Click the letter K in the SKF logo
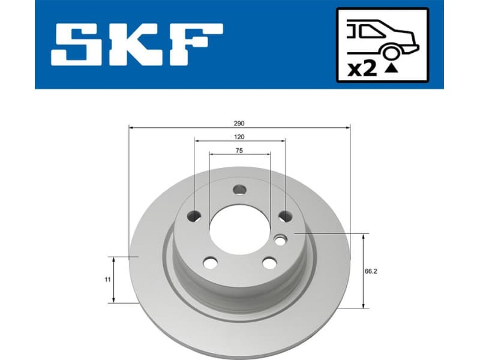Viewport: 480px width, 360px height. coord(136,45)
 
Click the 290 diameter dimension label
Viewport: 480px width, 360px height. coord(239,123)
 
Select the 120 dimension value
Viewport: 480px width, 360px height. coord(239,137)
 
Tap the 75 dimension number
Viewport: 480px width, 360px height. coord(239,151)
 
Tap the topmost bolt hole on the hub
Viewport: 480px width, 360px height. coord(239,190)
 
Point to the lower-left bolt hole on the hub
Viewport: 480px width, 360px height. coord(210,262)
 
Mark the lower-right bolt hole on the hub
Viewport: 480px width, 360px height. coord(269,262)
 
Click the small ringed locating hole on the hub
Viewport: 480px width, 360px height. coord(280,240)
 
